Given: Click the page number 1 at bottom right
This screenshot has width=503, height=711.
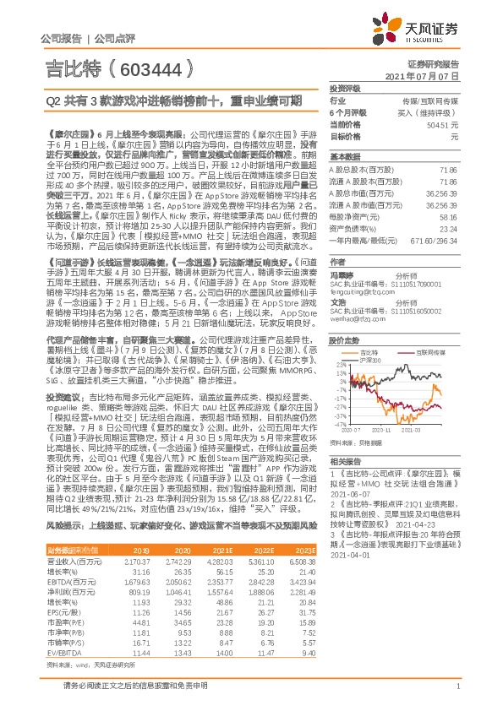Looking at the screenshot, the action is pyautogui.click(x=457, y=695).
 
